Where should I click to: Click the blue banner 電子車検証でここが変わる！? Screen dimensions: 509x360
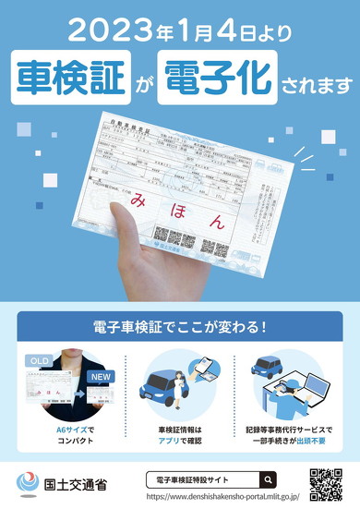click(179, 327)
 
